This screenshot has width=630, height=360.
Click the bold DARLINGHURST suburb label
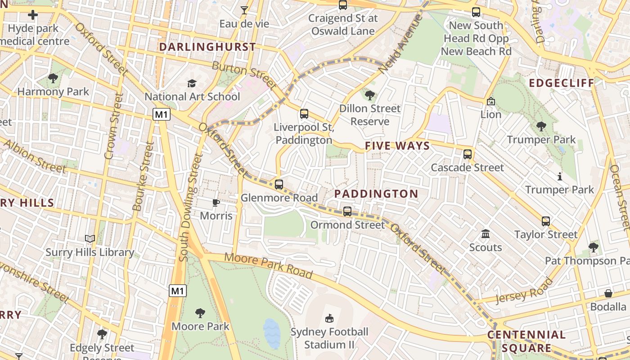[207, 47]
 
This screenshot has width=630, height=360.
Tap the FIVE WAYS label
[397, 146]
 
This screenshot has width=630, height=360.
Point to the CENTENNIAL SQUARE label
[526, 341]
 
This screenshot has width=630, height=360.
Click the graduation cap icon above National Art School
[192, 83]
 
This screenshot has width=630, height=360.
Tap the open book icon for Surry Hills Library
[90, 239]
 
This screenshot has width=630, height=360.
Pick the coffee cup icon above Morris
[216, 202]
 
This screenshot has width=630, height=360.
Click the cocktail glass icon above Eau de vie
[244, 10]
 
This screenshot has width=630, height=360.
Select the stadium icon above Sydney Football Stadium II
[329, 318]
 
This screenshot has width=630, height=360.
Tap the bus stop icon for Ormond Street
[347, 211]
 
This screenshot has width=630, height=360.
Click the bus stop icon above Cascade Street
[468, 154]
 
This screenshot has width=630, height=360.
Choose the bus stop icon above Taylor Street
[546, 221]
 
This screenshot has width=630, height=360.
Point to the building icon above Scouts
[486, 234]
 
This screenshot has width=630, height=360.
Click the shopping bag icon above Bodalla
[608, 293]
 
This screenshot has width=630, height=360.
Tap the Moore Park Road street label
[268, 265]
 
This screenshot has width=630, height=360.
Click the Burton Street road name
[244, 75]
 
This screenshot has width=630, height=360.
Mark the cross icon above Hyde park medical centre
[33, 15]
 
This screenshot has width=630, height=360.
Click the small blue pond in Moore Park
[272, 333]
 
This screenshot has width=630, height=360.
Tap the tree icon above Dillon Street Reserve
[370, 95]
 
